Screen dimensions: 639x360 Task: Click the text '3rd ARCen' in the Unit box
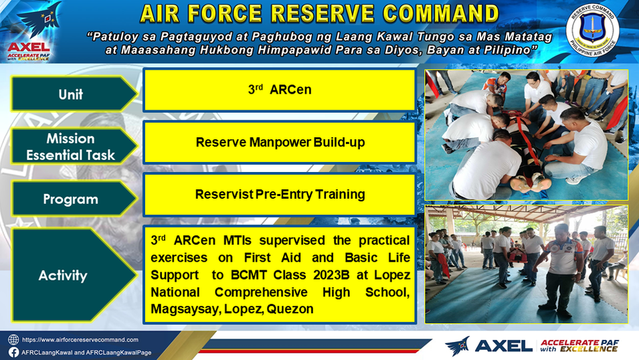click(280, 89)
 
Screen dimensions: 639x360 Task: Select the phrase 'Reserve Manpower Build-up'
click(280, 143)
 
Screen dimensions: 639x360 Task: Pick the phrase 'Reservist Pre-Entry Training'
click(280, 195)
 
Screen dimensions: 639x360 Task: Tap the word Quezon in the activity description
click(290, 309)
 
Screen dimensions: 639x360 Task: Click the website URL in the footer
click(80, 340)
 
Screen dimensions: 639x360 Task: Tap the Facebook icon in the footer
click(13, 352)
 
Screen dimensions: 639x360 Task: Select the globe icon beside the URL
click(13, 340)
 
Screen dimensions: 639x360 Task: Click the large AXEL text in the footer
click(504, 346)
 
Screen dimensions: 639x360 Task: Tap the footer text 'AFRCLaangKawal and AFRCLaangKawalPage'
click(86, 353)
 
